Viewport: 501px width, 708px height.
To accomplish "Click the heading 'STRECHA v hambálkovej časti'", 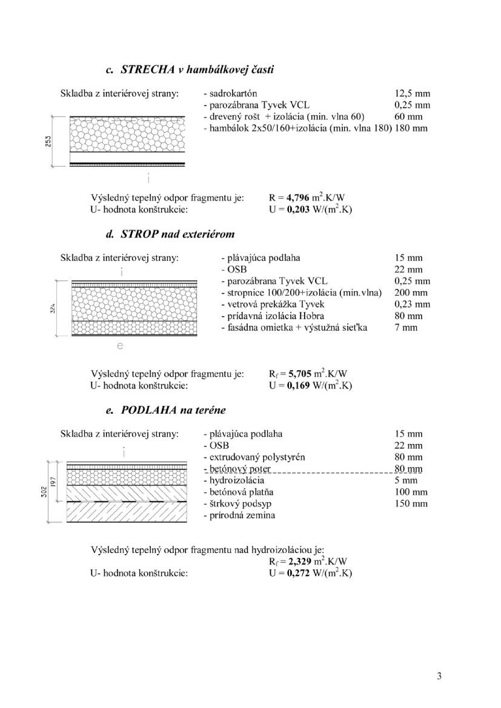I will [197, 70].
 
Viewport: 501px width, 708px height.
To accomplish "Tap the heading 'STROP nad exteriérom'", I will [178, 234].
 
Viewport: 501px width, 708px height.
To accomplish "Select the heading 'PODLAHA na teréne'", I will [173, 410].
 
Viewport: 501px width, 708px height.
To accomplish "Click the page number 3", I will [439, 676].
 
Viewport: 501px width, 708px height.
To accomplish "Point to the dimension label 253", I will [48, 141].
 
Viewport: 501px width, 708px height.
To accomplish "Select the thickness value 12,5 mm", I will [411, 94].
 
